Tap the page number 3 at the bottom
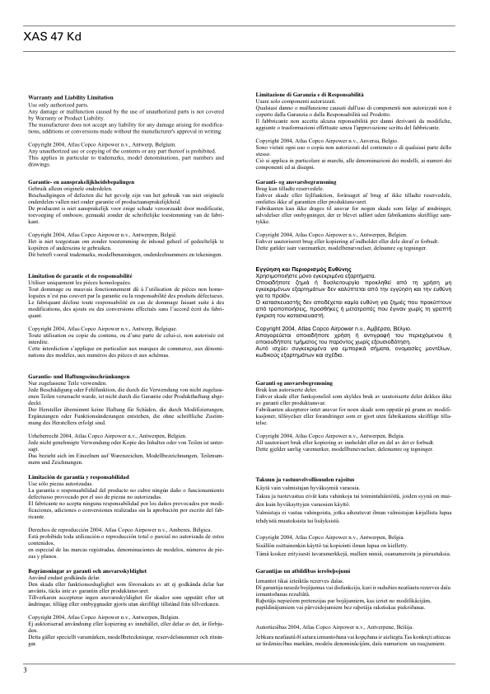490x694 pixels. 14,669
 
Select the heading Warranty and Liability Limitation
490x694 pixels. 71,98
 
